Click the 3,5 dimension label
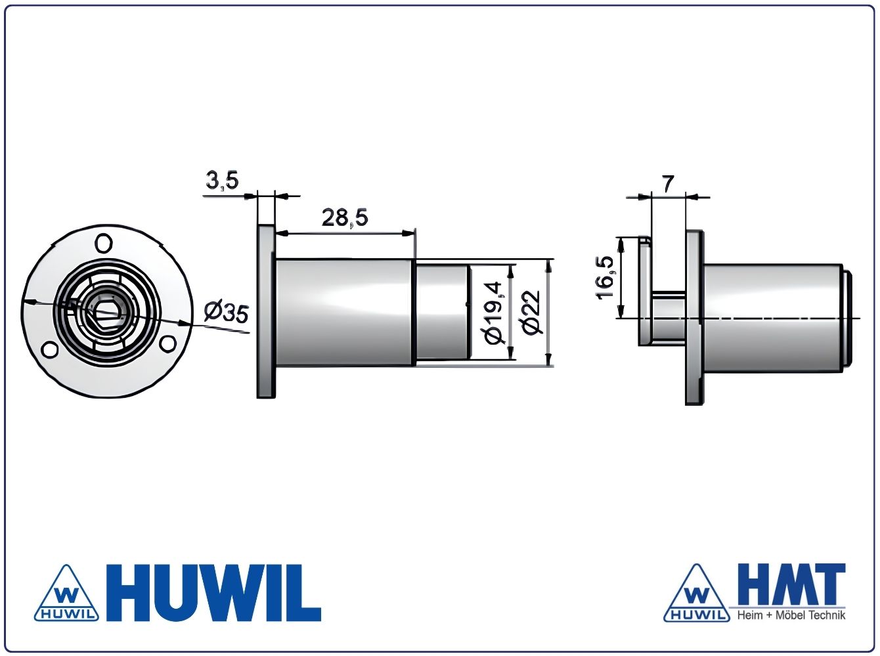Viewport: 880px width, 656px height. pyautogui.click(x=222, y=180)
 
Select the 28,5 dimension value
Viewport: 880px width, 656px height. pyautogui.click(x=345, y=218)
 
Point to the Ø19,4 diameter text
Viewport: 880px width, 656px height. pyautogui.click(x=493, y=313)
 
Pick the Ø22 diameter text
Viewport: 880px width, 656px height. pyautogui.click(x=531, y=312)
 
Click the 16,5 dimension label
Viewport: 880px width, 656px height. pyautogui.click(x=605, y=277)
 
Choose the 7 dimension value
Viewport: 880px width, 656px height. pyautogui.click(x=667, y=184)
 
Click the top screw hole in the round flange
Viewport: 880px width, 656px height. pyautogui.click(x=104, y=243)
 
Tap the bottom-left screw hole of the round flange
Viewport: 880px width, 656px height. pyautogui.click(x=49, y=349)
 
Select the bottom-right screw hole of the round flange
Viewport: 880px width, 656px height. pyautogui.click(x=167, y=344)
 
